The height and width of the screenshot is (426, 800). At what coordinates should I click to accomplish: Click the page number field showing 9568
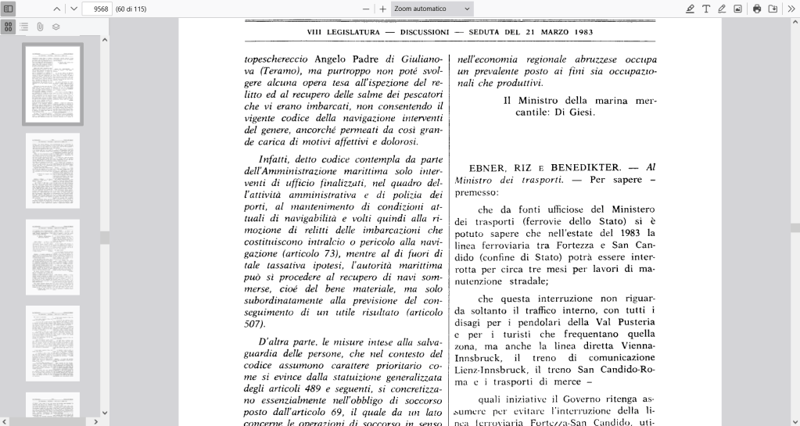coord(98,9)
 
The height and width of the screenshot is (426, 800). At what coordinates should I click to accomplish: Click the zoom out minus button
coord(365,9)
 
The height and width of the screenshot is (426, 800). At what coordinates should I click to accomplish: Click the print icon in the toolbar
coord(757,9)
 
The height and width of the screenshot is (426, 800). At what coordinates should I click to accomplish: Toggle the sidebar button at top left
coord(9,9)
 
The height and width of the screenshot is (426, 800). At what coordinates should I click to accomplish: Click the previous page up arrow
coord(57,9)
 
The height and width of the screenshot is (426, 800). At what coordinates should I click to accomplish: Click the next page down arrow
coord(74,9)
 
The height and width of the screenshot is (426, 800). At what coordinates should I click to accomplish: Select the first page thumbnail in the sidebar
coord(52,84)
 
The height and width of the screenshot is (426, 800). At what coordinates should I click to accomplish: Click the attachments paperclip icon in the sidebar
coord(39,26)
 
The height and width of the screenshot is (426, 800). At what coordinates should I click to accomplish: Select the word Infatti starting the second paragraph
coord(274,159)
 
